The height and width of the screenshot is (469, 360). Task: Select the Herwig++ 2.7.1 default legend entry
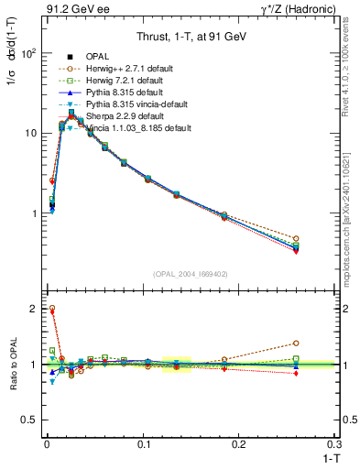point(125,69)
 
